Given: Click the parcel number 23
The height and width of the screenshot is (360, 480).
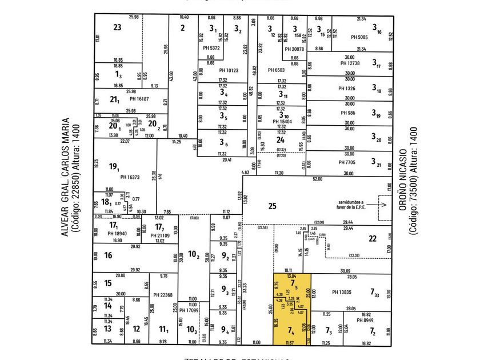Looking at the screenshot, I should [x=117, y=27].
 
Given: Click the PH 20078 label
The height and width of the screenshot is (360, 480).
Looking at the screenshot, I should [x=295, y=49].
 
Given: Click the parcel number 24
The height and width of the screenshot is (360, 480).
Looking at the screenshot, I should [x=280, y=139].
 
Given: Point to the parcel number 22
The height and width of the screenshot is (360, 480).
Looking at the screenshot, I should [x=372, y=239].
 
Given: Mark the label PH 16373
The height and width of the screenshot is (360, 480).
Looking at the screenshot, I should [x=130, y=177].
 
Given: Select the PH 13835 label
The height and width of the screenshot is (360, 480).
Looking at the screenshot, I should [x=344, y=292].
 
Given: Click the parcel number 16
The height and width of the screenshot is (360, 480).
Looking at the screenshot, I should [x=108, y=256].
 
